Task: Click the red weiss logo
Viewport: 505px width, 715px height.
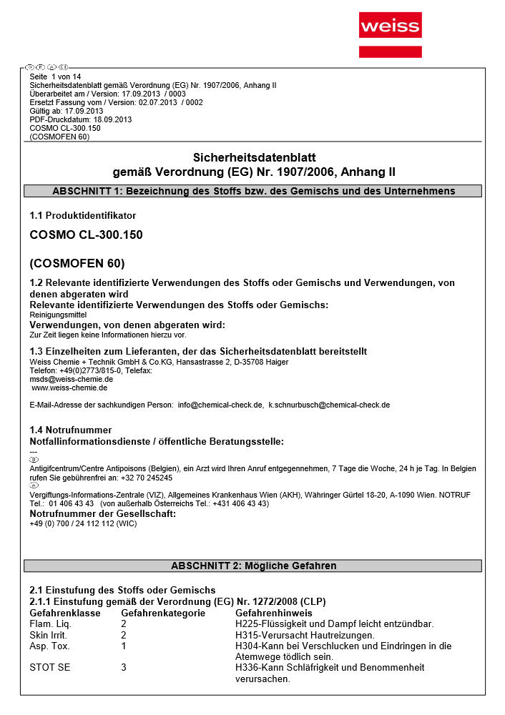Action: click(x=390, y=27)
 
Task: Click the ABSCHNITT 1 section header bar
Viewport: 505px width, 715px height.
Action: click(x=252, y=191)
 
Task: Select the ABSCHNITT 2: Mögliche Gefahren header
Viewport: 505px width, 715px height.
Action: click(x=252, y=566)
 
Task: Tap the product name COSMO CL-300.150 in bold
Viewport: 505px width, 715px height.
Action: click(x=81, y=235)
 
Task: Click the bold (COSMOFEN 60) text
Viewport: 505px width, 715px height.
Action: click(x=77, y=262)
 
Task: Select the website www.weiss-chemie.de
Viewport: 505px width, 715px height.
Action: click(x=69, y=388)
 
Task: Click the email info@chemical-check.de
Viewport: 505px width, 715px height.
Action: click(x=220, y=405)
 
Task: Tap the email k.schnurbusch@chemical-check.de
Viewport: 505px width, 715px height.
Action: click(x=329, y=405)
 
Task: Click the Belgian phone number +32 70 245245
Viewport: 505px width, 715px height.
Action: click(x=147, y=478)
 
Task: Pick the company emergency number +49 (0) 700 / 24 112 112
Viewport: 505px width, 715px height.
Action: click(x=83, y=523)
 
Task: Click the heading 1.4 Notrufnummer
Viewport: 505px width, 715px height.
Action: click(x=71, y=430)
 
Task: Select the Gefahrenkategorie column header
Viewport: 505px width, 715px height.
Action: click(x=163, y=613)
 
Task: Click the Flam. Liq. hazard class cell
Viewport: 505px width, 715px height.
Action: click(x=49, y=624)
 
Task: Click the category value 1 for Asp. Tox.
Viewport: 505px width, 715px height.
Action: click(x=124, y=646)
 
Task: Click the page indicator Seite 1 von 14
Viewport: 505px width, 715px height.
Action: click(x=56, y=77)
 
